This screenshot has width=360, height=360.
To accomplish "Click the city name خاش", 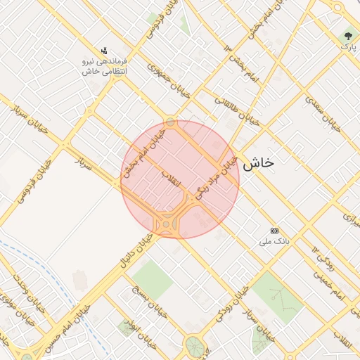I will (257, 163).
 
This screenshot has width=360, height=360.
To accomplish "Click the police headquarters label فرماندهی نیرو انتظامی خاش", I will (105, 67).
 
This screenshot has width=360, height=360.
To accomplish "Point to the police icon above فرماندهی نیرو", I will (105, 51).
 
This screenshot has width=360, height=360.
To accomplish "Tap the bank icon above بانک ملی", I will (274, 231).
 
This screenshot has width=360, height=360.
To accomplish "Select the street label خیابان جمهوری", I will (167, 78).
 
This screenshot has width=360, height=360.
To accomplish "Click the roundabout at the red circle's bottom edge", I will (167, 225).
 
